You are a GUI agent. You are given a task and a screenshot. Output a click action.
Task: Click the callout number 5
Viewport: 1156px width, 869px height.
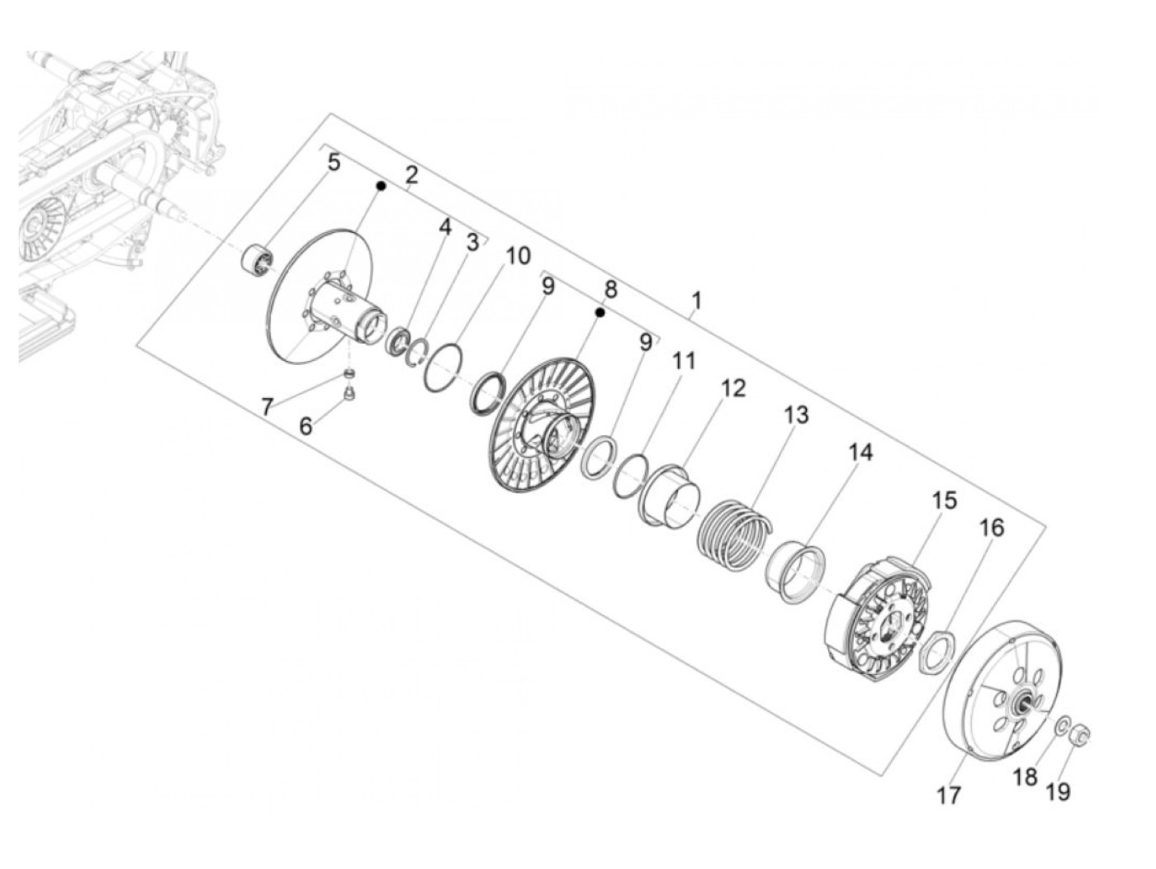click(x=334, y=162)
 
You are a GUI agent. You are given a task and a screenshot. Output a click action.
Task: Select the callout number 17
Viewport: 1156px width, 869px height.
click(x=950, y=795)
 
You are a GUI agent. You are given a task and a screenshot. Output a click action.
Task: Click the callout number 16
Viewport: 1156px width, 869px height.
click(x=992, y=527)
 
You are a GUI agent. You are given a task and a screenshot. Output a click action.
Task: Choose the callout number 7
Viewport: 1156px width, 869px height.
click(x=266, y=406)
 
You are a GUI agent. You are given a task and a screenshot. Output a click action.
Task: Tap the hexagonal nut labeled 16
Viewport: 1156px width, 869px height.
click(x=936, y=650)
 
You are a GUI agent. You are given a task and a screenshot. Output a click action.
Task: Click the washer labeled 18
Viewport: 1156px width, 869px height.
click(x=1060, y=724)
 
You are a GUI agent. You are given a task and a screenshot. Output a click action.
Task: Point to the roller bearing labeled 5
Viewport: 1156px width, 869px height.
click(x=257, y=259)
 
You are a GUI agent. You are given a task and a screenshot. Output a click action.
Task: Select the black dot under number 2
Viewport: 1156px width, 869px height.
click(x=381, y=188)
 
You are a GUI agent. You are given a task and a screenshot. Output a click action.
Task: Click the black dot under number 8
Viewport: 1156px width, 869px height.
click(x=600, y=312)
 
